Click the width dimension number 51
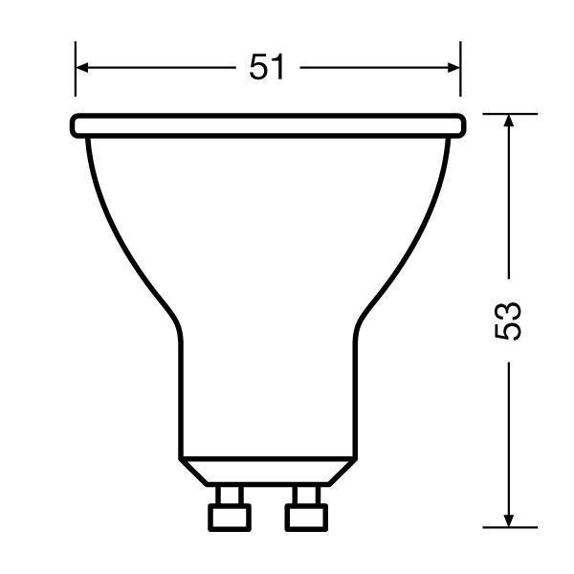click(268, 67)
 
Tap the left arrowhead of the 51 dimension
click(83, 67)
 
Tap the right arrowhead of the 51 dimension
click(453, 67)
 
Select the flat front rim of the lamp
click(268, 125)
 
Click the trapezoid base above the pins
click(268, 470)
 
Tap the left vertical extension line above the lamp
click(75, 69)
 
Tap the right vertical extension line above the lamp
click(461, 69)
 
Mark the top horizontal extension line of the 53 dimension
click(508, 113)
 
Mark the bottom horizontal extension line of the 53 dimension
click(508, 526)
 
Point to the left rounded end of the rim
click(75, 125)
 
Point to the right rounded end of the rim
click(462, 125)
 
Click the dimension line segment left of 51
click(158, 67)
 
